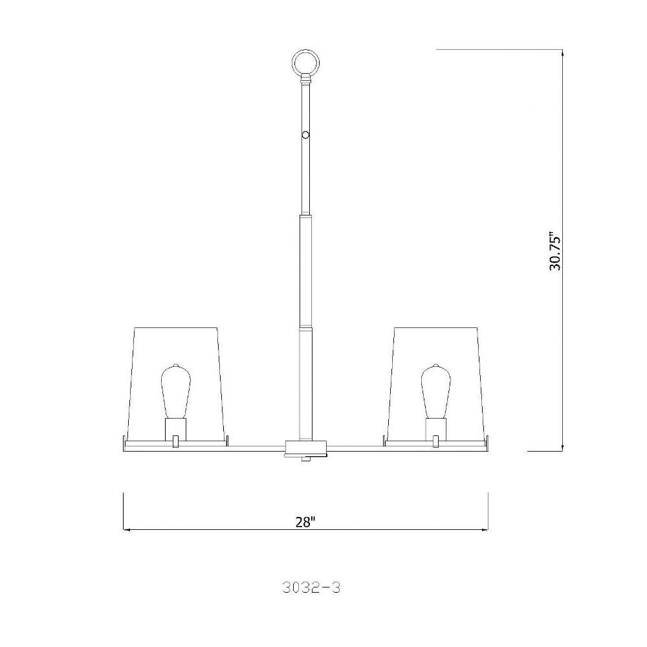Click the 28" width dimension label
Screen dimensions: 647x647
point(305,522)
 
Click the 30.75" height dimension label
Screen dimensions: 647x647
point(555,253)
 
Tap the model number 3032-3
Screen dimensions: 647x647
point(312,587)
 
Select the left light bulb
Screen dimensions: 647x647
point(175,391)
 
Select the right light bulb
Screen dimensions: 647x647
point(435,391)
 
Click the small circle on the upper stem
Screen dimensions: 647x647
point(305,135)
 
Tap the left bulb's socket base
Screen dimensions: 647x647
point(175,430)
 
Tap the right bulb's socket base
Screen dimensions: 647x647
point(436,430)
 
